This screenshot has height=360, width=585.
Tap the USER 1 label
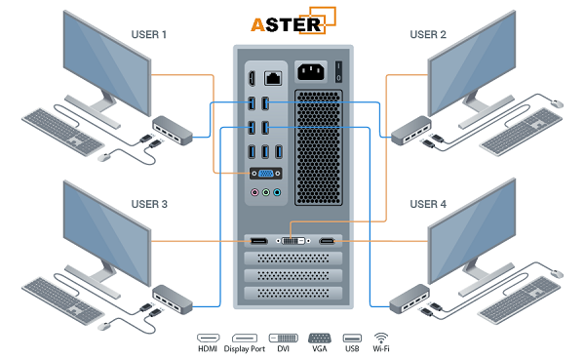[x=149, y=35]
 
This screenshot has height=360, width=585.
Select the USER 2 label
[x=428, y=35]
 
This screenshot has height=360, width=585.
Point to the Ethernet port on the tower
[x=276, y=76]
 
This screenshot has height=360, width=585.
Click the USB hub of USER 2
[x=407, y=130]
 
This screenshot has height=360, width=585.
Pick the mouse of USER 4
[x=557, y=271]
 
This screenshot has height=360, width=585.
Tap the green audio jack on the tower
[x=277, y=193]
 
